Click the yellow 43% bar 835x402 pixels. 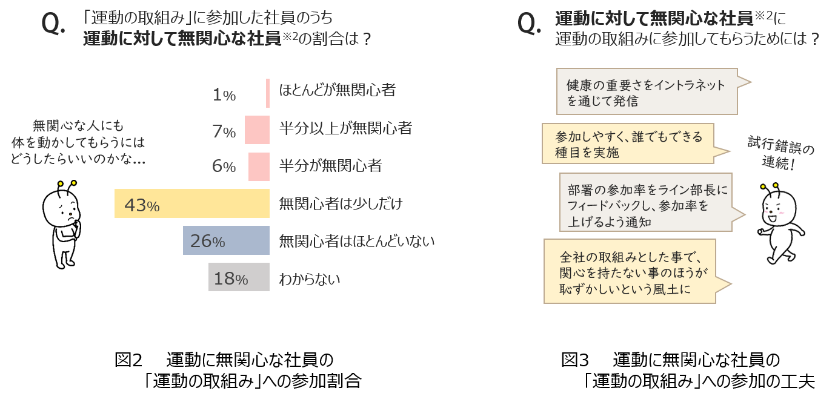pos(192,203)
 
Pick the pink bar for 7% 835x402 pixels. pos(257,130)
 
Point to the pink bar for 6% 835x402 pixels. pos(259,166)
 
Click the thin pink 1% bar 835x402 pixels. pos(268,93)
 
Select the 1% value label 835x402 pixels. pos(224,95)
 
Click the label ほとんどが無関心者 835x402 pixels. pos(337,91)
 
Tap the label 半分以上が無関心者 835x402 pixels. pos(345,128)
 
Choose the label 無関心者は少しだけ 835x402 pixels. pos(341,204)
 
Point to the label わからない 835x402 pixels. pos(309,279)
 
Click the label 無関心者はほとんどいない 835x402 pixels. pos(356,242)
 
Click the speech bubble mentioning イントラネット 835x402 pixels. pos(647,92)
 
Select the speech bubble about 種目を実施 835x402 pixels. pos(627,143)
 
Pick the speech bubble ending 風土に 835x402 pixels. pos(630,271)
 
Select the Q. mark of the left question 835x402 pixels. pos(53,24)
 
